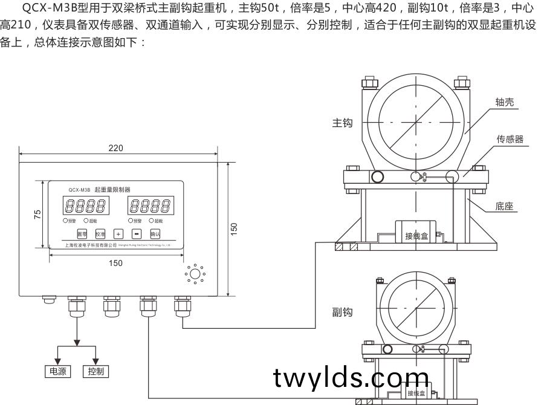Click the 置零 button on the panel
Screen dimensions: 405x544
pos(82,233)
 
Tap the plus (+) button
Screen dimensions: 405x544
pos(118,233)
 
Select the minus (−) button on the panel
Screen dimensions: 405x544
pos(137,233)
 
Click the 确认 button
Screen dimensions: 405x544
pos(155,233)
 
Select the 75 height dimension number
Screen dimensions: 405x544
pos(37,214)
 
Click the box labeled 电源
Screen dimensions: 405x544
pos(57,371)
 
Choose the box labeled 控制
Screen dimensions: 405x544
pos(96,371)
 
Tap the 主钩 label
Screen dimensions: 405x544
pos(342,123)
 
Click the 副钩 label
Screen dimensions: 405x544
pos(342,312)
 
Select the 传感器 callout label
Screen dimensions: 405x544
pos(510,139)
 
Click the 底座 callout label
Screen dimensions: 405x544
pos(504,206)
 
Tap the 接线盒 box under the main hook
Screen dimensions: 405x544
pos(416,236)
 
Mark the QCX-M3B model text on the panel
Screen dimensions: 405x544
pos(79,189)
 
